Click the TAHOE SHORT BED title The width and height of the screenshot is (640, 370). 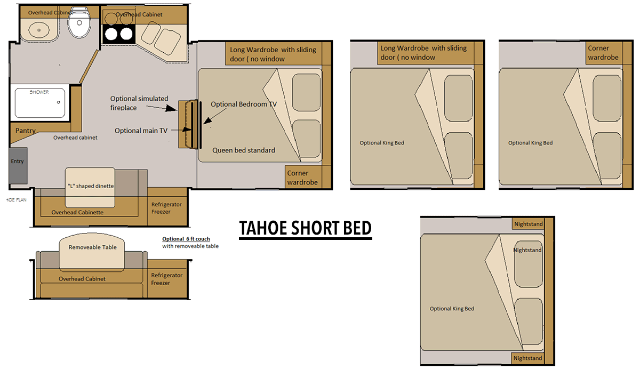point(305,228)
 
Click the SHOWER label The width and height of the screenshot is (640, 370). point(39,92)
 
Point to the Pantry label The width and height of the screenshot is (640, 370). point(25,130)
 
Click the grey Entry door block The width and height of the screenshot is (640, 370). point(17,162)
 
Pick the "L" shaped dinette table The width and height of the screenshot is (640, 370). point(89,187)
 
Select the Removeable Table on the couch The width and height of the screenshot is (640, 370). point(91,251)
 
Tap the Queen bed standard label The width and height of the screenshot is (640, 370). point(244,150)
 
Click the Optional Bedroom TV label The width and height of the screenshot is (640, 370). point(244,104)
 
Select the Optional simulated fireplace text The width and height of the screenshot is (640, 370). point(139,103)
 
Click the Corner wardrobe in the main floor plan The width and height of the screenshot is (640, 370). point(302,178)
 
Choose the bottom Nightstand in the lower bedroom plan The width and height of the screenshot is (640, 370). point(527,358)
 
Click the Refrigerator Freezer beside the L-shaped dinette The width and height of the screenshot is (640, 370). point(166,208)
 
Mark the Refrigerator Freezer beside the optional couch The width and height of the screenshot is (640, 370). point(166,279)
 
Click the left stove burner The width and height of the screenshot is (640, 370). point(112,35)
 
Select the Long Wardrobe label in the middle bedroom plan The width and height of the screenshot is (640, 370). point(423,53)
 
